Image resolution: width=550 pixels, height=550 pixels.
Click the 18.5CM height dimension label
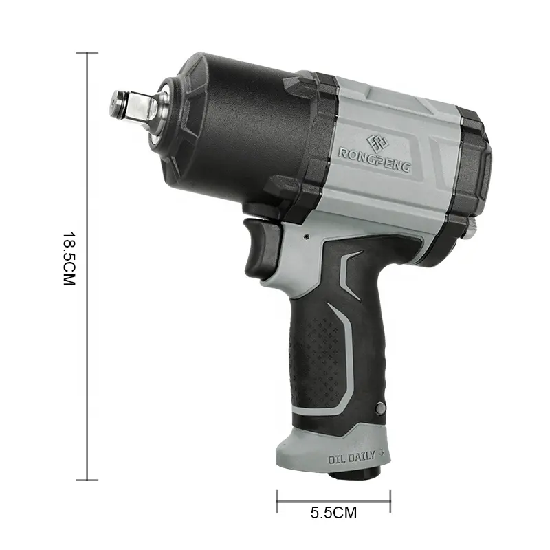[x=69, y=258]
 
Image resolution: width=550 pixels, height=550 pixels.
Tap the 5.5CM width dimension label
[x=333, y=512]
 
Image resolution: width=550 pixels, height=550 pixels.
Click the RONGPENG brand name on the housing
[x=374, y=160]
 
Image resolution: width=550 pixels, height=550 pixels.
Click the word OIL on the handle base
[x=337, y=459]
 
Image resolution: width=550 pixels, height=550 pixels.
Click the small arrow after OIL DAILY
[x=382, y=453]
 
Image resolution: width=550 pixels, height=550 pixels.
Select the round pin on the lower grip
[x=380, y=408]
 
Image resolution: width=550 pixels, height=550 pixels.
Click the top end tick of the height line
[x=87, y=53]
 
